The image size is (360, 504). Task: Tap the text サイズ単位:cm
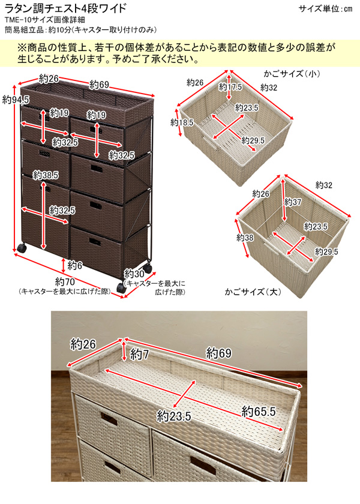tap(326, 8)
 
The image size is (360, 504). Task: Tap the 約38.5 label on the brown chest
tap(46, 175)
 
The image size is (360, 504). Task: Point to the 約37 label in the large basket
tap(293, 203)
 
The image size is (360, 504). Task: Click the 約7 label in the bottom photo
tap(139, 353)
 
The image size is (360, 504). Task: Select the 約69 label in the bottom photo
tap(219, 353)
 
